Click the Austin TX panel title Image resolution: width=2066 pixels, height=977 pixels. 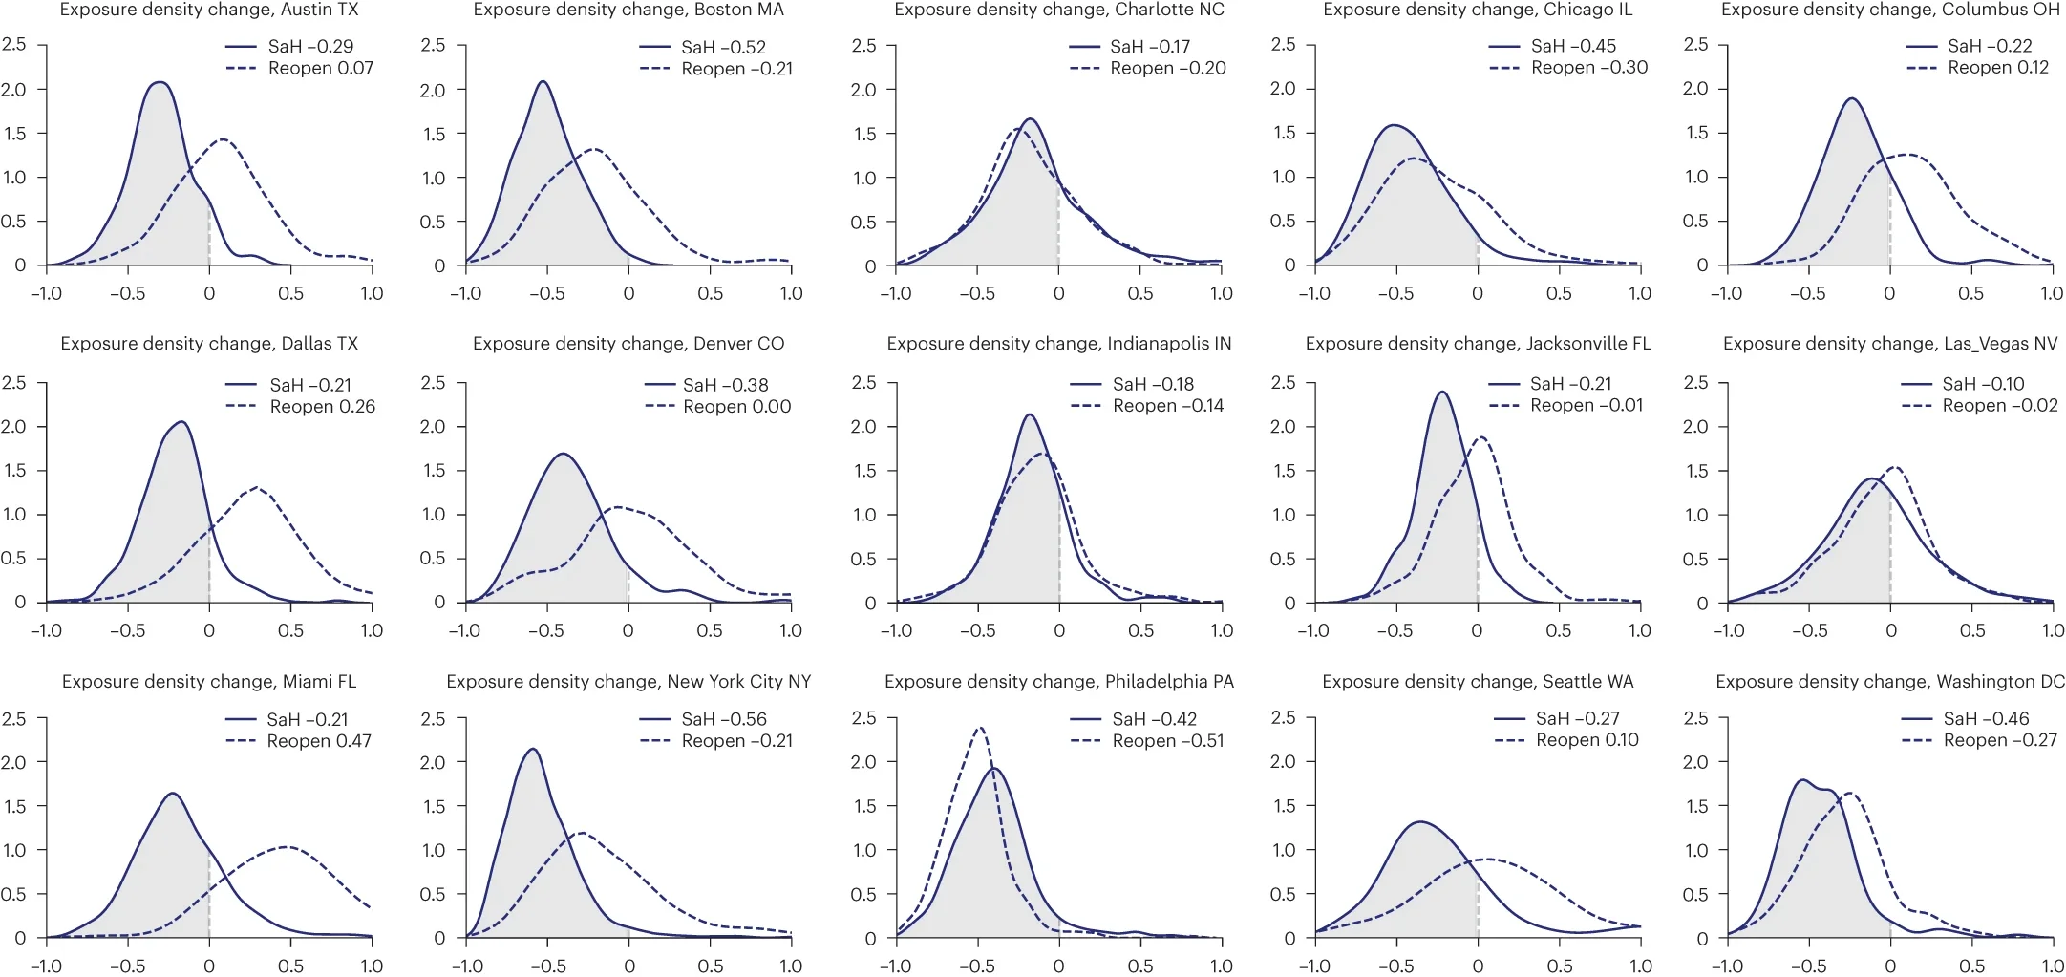pyautogui.click(x=209, y=10)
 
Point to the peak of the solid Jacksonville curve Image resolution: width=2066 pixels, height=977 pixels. pyautogui.click(x=1441, y=392)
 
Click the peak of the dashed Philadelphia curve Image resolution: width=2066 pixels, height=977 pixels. pyautogui.click(x=978, y=729)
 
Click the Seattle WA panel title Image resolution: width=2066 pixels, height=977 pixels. pyautogui.click(x=1478, y=681)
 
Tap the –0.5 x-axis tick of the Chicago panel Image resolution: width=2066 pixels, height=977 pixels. pyautogui.click(x=1395, y=293)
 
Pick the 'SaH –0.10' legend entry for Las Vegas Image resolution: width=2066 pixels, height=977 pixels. pyautogui.click(x=1983, y=384)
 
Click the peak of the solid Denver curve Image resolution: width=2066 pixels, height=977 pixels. pyautogui.click(x=564, y=454)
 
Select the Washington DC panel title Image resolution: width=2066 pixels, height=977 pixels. pyautogui.click(x=1889, y=681)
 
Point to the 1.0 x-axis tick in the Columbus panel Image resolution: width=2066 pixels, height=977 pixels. pyautogui.click(x=2052, y=293)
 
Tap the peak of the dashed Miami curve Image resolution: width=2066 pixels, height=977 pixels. pyautogui.click(x=287, y=846)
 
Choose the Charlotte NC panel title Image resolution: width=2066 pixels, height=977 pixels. pyautogui.click(x=1059, y=10)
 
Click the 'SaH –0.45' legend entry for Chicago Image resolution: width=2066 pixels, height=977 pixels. pyautogui.click(x=1573, y=46)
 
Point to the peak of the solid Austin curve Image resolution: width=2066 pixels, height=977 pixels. pyautogui.click(x=160, y=82)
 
